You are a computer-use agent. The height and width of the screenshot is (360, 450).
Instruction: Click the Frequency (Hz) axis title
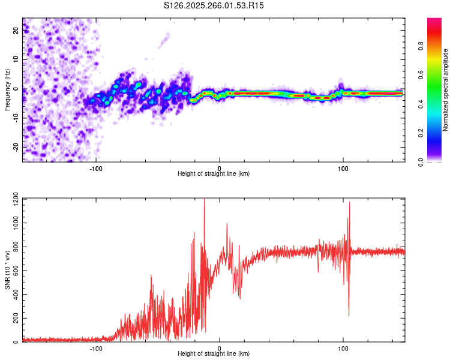click(x=7, y=90)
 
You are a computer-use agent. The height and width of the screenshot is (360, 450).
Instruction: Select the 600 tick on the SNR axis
click(x=14, y=271)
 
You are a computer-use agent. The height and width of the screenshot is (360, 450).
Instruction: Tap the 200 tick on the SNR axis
click(x=14, y=319)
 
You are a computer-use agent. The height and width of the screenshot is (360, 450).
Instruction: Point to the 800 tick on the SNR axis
click(x=14, y=247)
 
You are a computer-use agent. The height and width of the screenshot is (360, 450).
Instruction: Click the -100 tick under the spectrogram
click(x=96, y=169)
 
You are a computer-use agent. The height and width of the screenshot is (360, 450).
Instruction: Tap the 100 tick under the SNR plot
click(x=343, y=349)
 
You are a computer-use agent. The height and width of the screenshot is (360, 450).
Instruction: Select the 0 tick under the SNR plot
click(x=220, y=349)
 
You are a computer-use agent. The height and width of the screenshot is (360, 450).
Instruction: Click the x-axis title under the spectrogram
click(x=214, y=174)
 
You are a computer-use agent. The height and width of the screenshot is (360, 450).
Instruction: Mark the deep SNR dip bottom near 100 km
click(x=349, y=315)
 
